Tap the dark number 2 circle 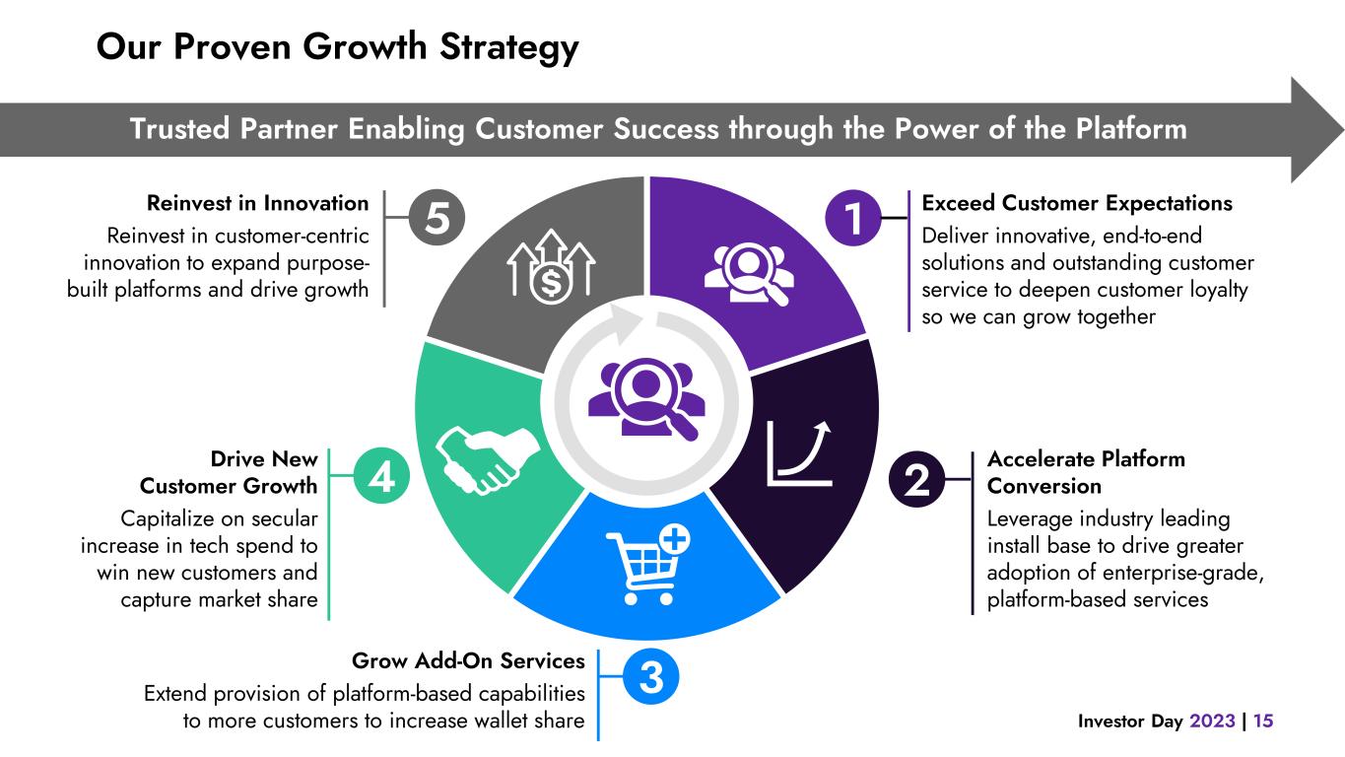(917, 481)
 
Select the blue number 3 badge (651, 677)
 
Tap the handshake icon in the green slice (478, 458)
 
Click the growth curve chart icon (800, 452)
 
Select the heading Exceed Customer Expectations (1076, 203)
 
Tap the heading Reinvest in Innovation (257, 203)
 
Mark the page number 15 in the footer (1263, 722)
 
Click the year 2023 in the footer (1211, 722)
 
